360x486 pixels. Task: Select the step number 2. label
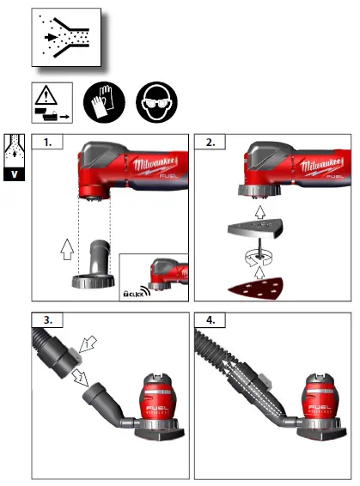point(209,143)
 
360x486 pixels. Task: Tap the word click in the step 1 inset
point(133,294)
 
